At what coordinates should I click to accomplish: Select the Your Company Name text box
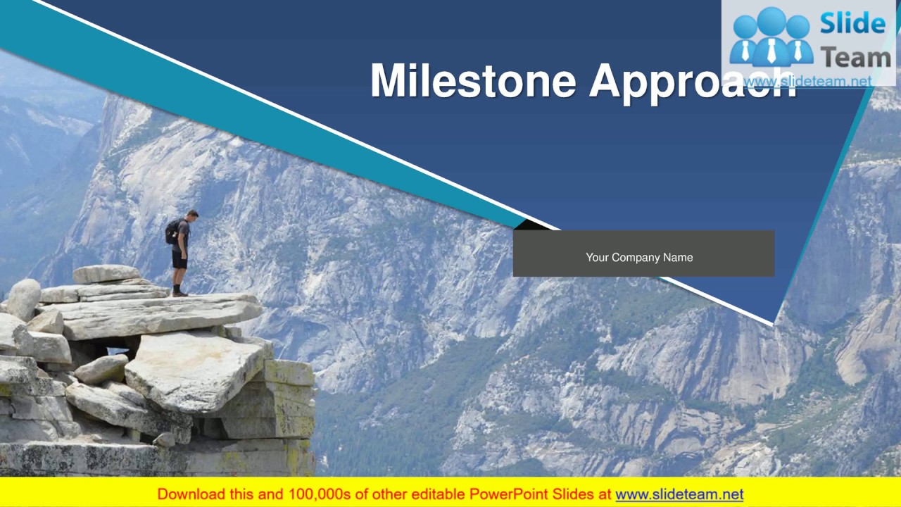643,254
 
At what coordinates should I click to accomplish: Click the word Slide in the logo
852,24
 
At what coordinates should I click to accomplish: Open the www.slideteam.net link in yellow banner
679,494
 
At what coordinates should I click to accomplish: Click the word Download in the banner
188,494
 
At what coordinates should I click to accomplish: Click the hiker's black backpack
173,232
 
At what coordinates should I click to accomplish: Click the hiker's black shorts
180,261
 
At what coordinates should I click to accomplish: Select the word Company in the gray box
636,258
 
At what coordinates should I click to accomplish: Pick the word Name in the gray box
678,258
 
